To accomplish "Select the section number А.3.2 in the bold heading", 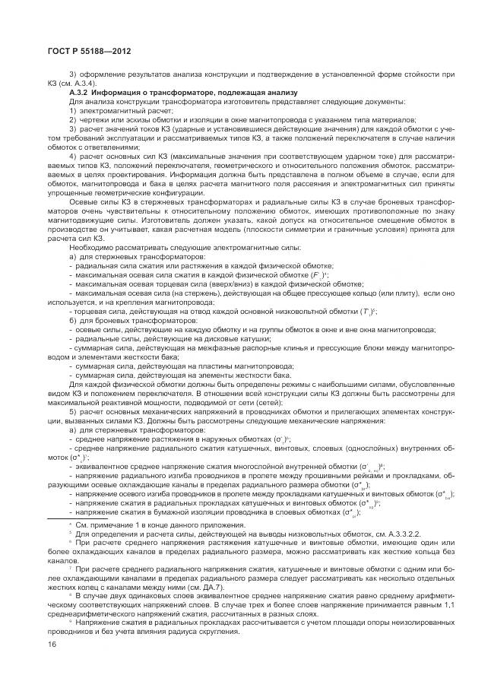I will pyautogui.click(x=80, y=92).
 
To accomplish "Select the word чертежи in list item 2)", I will pyautogui.click(x=94, y=120).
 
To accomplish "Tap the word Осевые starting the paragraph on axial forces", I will pyautogui.click(x=84, y=202).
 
